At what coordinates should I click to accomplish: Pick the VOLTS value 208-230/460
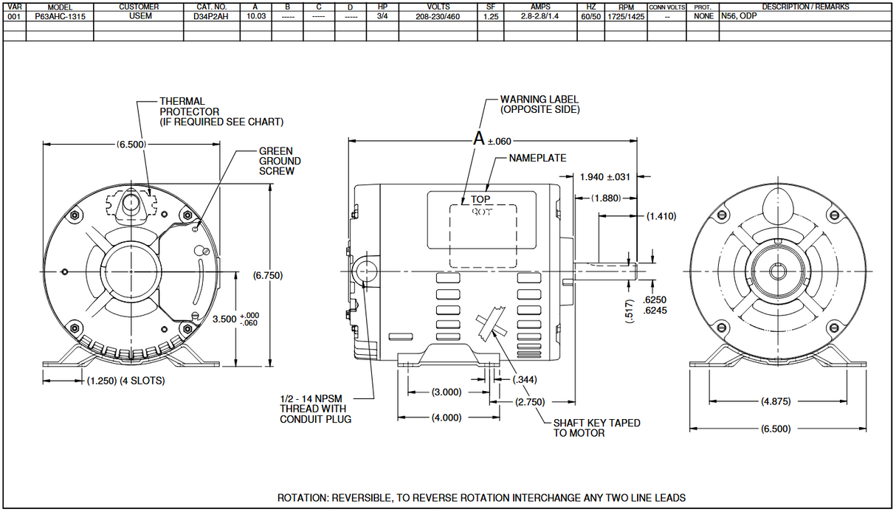pyautogui.click(x=438, y=15)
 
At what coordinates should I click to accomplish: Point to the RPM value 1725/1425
pyautogui.click(x=625, y=15)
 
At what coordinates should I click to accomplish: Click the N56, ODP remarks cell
pyautogui.click(x=738, y=15)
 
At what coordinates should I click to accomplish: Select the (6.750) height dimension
pyautogui.click(x=268, y=275)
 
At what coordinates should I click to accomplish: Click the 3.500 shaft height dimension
pyautogui.click(x=224, y=319)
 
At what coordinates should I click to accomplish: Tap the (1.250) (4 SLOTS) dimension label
pyautogui.click(x=125, y=381)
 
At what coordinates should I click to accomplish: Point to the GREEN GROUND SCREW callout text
pyautogui.click(x=280, y=161)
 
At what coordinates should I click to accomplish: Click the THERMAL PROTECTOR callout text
pyautogui.click(x=221, y=111)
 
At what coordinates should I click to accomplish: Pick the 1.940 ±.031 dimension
pyautogui.click(x=605, y=176)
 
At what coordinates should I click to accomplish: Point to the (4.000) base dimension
pyautogui.click(x=446, y=418)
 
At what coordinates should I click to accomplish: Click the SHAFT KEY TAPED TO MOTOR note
pyautogui.click(x=596, y=428)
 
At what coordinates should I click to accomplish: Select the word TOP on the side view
pyautogui.click(x=480, y=199)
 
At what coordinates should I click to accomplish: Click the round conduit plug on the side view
pyautogui.click(x=366, y=270)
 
